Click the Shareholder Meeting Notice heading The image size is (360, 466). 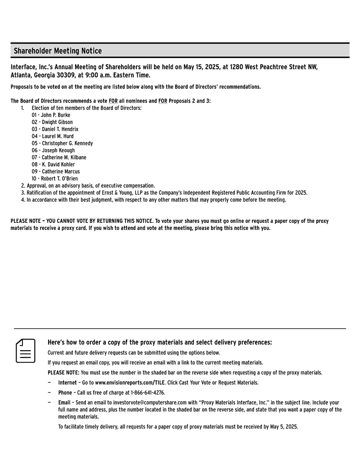pyautogui.click(x=58, y=51)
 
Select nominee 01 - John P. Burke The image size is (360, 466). pyautogui.click(x=51, y=115)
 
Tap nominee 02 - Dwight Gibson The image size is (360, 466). pyautogui.click(x=52, y=122)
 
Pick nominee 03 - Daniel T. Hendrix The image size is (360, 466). pyautogui.click(x=55, y=129)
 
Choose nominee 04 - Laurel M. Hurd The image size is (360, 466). pyautogui.click(x=53, y=136)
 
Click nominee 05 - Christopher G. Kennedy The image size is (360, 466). pyautogui.click(x=62, y=143)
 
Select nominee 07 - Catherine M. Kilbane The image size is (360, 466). pyautogui.click(x=59, y=158)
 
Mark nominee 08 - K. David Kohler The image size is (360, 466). pyautogui.click(x=53, y=164)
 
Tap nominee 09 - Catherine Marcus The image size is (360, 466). pyautogui.click(x=55, y=172)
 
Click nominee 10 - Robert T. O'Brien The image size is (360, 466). pyautogui.click(x=54, y=179)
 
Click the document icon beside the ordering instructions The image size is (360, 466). pyautogui.click(x=26, y=351)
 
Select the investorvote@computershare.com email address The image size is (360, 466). pyautogui.click(x=150, y=403)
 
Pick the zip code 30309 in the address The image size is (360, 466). pyautogui.click(x=58, y=75)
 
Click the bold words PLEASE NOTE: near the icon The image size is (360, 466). pyautogui.click(x=63, y=373)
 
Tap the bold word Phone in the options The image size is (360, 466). pyautogui.click(x=65, y=393)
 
